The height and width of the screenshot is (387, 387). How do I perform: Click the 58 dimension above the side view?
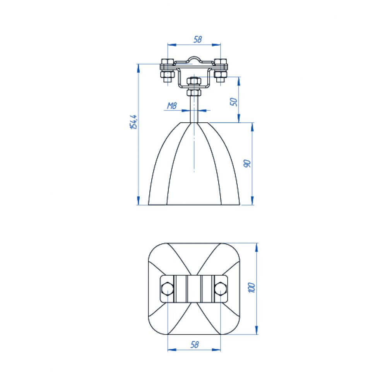(198, 39)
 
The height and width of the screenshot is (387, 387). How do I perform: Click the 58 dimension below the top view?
(195, 344)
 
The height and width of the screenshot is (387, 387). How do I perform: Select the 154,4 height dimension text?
(134, 122)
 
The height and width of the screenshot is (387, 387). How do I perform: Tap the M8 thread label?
(172, 106)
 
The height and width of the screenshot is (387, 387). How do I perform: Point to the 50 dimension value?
(234, 102)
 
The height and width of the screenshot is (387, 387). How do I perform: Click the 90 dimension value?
(247, 163)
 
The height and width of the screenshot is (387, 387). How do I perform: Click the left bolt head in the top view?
(167, 289)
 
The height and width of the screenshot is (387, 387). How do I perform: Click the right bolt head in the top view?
(221, 289)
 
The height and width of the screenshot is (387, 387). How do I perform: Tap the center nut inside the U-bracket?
(194, 81)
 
